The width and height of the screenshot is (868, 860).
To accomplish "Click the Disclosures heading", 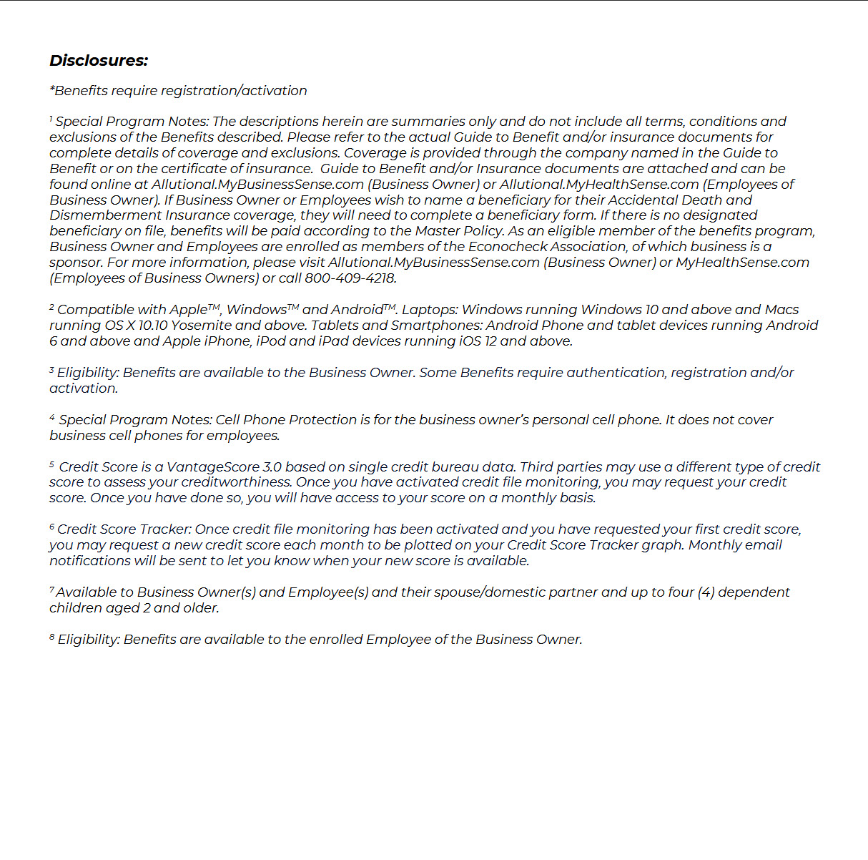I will point(99,61).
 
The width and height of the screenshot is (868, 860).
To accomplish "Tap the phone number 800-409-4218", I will point(350,278).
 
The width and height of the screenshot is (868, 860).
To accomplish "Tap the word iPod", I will point(270,341).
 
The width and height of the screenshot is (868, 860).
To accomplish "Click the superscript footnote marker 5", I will point(52,464).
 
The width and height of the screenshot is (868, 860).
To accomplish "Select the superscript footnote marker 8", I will point(52,637).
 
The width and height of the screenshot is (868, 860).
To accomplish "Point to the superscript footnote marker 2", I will point(52,307).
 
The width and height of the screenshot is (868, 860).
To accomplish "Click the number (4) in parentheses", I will point(706,592).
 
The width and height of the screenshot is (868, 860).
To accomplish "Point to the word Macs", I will point(781,310).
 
